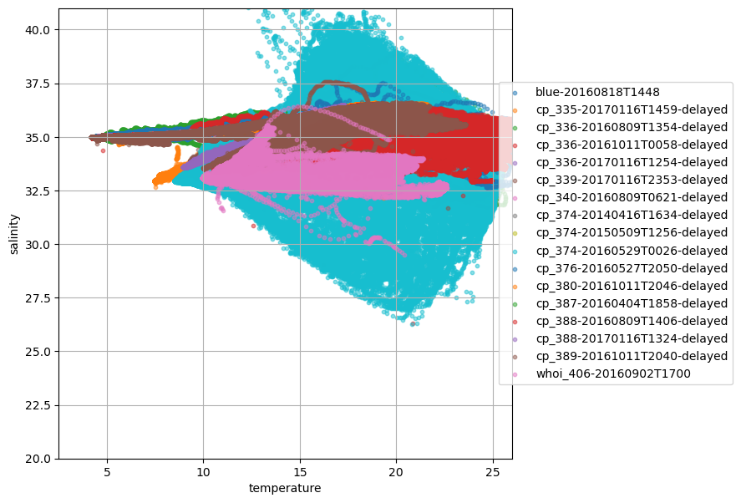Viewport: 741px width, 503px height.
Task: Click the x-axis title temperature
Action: coord(285,488)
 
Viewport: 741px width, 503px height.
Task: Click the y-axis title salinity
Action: coord(14,233)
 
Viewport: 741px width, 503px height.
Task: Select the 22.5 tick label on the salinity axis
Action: coord(39,405)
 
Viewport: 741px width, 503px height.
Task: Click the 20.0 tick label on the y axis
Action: coord(39,459)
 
